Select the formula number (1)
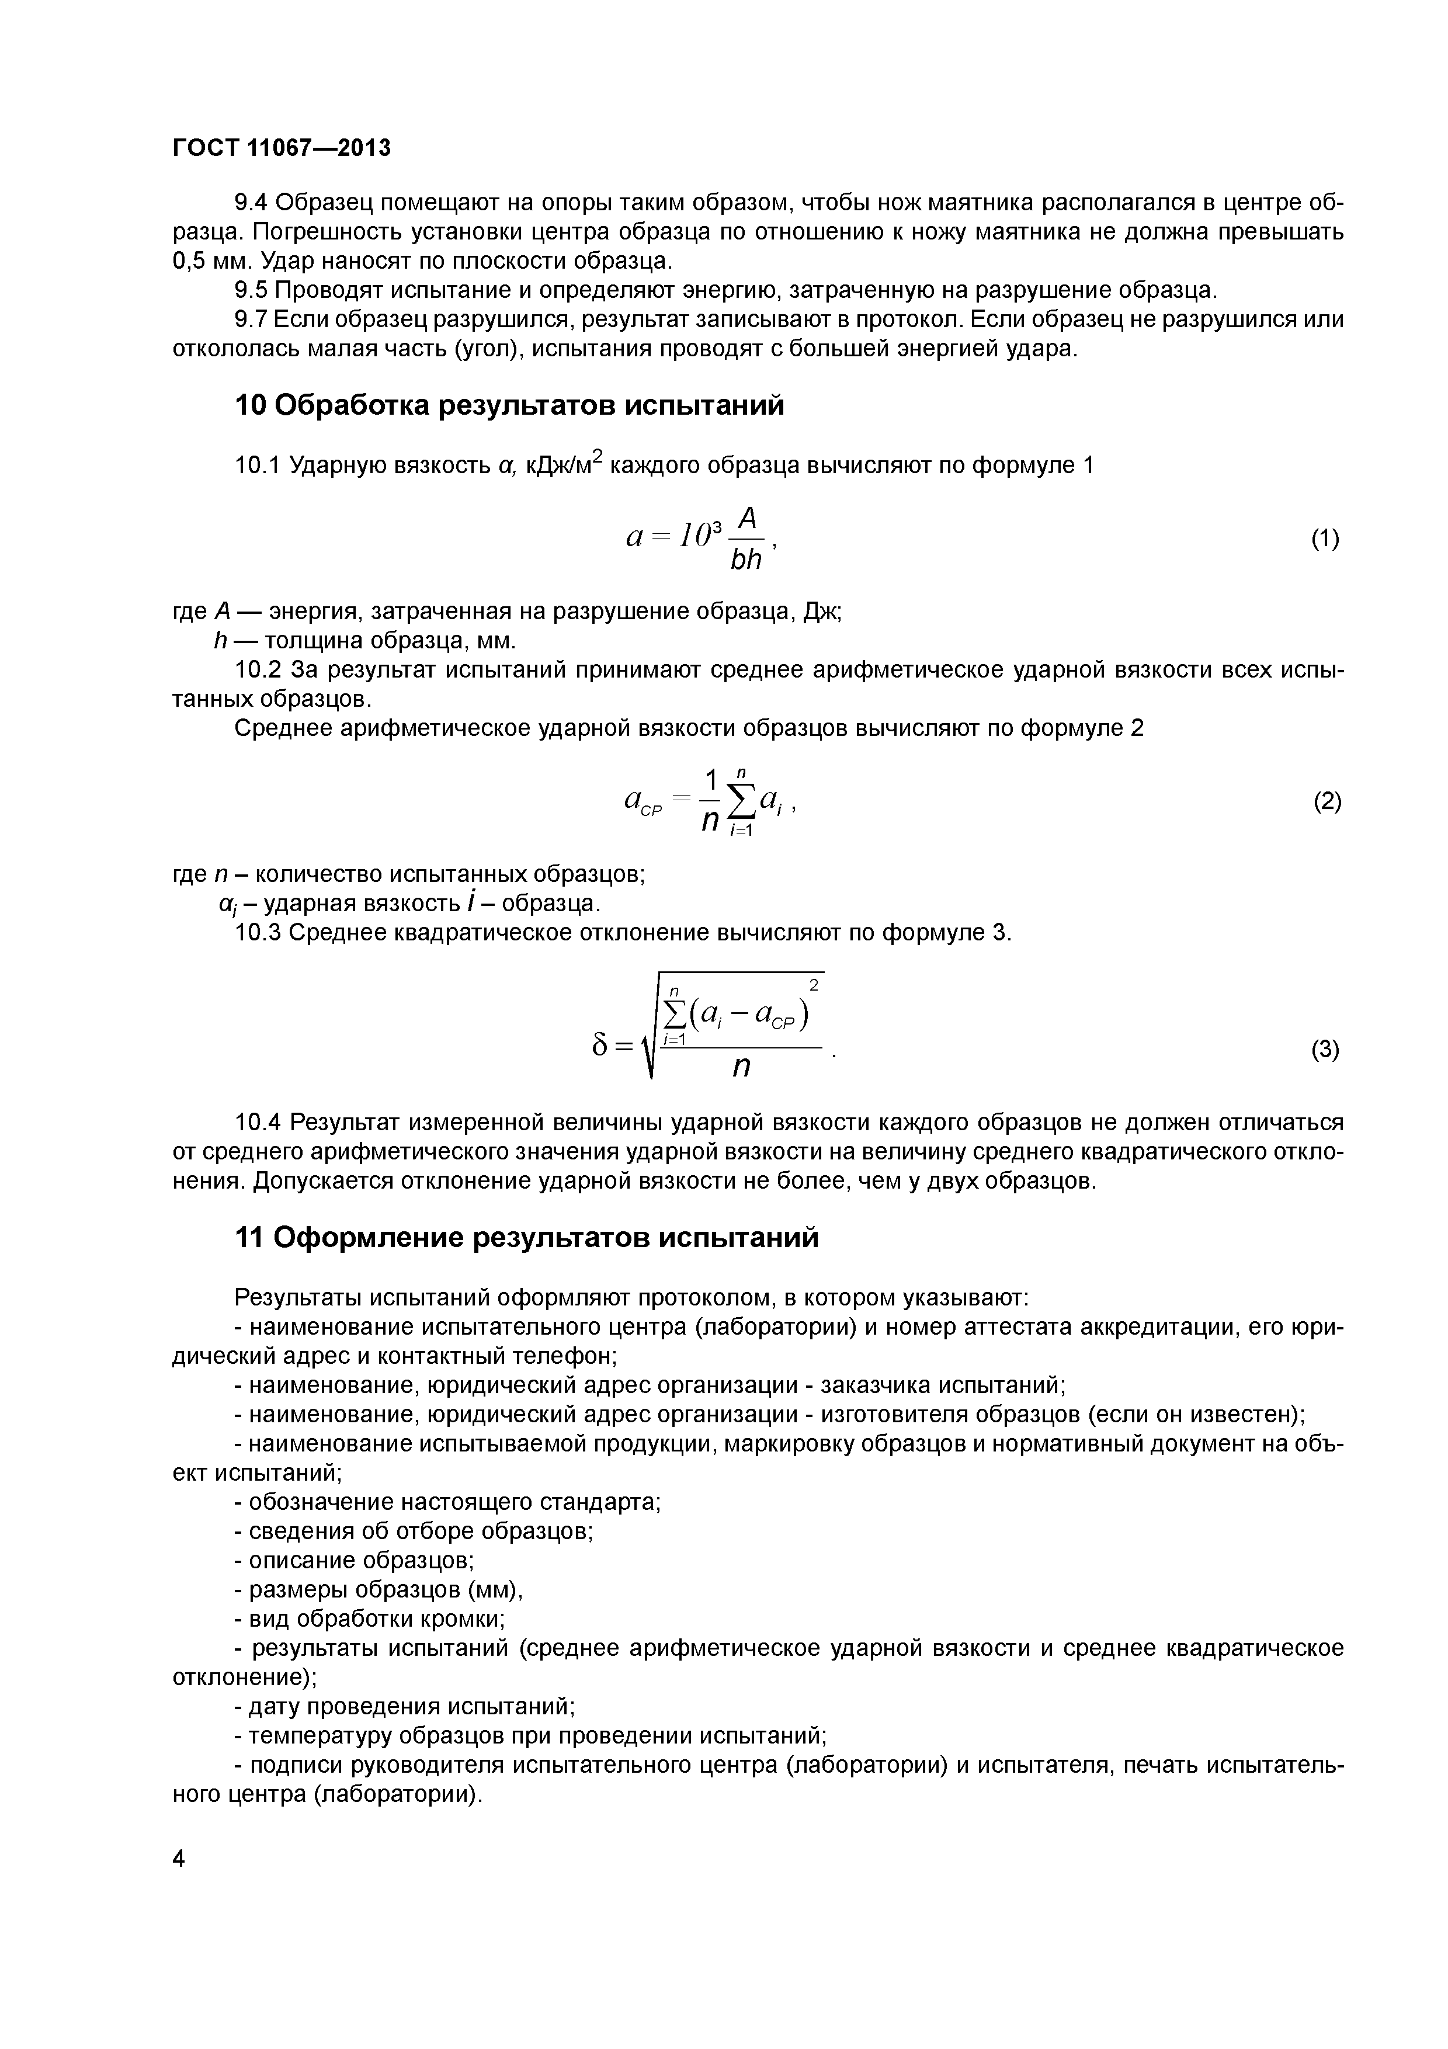point(1325,539)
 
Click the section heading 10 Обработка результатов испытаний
point(509,405)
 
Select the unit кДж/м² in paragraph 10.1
point(564,464)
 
